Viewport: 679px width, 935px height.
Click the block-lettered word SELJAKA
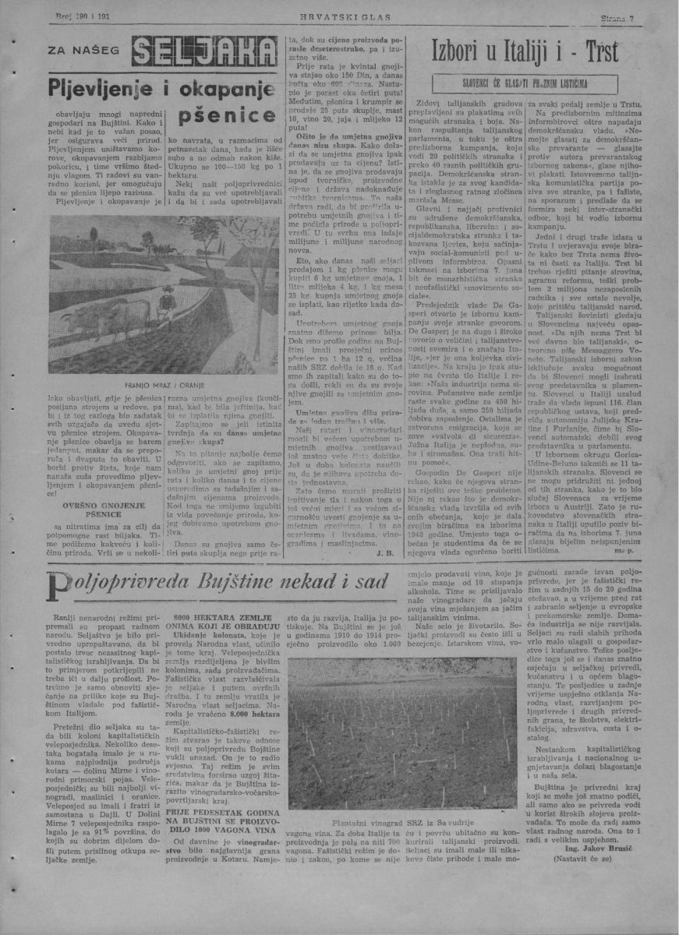pyautogui.click(x=205, y=54)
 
